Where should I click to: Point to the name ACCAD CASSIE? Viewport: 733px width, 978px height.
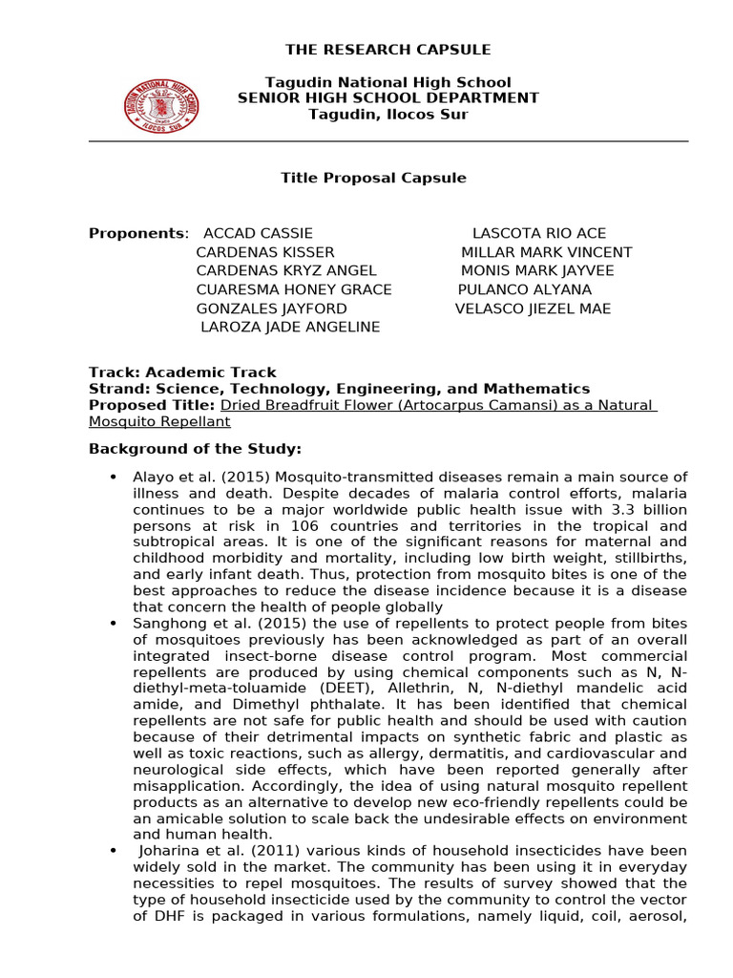click(x=258, y=234)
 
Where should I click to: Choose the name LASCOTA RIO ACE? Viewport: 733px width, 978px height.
click(x=539, y=234)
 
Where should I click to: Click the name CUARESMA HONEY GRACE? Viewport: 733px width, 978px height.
click(x=294, y=289)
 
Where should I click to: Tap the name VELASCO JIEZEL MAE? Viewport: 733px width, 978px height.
click(x=533, y=308)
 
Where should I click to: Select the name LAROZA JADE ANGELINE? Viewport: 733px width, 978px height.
click(x=290, y=327)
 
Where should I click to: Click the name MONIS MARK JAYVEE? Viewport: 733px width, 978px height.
click(x=537, y=271)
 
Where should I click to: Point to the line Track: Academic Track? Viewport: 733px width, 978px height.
click(x=182, y=372)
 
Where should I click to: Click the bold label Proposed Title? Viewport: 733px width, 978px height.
click(x=152, y=405)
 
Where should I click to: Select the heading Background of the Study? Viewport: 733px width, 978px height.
click(x=195, y=449)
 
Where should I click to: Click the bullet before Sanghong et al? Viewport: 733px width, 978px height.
click(x=114, y=624)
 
